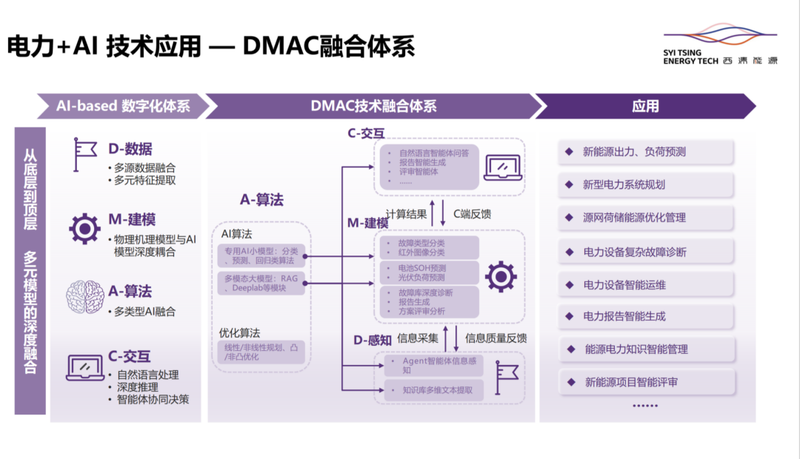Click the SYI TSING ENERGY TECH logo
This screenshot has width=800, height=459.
click(720, 48)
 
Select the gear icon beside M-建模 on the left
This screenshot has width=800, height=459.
click(84, 229)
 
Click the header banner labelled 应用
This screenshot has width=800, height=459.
click(644, 106)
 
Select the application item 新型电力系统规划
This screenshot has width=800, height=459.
click(645, 185)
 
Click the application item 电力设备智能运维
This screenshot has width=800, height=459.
click(645, 284)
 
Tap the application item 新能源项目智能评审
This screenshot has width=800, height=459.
click(645, 382)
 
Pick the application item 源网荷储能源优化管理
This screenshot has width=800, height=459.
click(645, 218)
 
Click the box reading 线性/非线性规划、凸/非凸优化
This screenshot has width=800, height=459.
click(262, 352)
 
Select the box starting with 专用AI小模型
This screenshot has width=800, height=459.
click(262, 256)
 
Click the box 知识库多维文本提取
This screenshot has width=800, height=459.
click(429, 389)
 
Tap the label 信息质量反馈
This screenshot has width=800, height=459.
click(496, 338)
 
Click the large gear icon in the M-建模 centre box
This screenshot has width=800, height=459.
click(501, 276)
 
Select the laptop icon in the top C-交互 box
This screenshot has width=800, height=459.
click(501, 167)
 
